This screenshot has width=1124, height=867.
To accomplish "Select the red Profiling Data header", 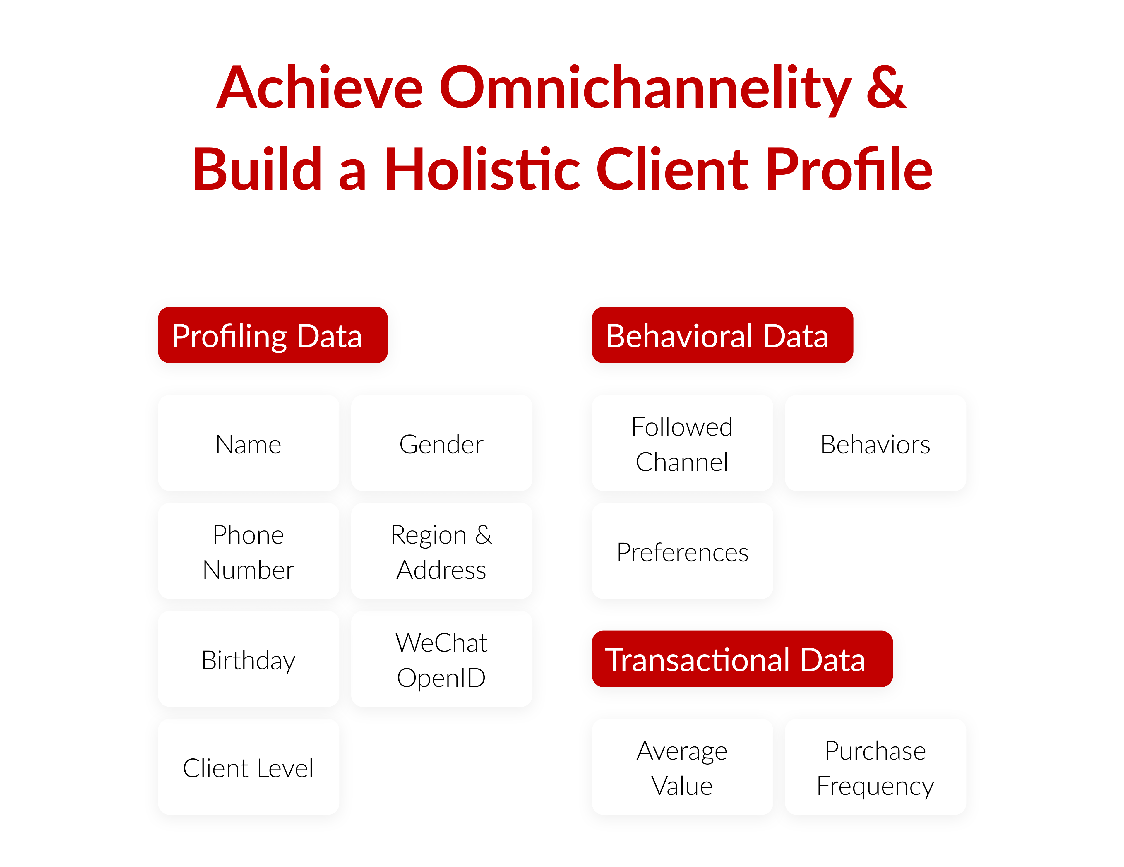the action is click(273, 335).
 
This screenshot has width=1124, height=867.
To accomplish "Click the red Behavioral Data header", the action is click(722, 335).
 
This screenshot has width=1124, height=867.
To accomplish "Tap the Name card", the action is click(249, 443).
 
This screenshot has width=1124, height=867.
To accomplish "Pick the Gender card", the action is click(442, 443).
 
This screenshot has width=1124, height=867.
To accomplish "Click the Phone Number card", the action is click(249, 551).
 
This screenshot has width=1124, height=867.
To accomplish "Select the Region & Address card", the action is click(442, 551).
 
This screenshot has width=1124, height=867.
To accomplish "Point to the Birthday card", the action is click(249, 659).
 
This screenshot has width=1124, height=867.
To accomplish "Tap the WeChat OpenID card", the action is click(442, 659).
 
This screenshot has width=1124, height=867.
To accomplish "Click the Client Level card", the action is click(249, 767).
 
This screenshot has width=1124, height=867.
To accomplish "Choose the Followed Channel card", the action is click(682, 443).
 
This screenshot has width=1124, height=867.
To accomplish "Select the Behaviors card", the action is click(875, 443).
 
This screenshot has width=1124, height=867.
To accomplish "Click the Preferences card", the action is click(682, 551).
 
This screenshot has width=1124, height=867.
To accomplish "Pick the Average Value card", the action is click(682, 767).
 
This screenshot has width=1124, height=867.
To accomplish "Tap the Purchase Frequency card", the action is click(875, 767).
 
